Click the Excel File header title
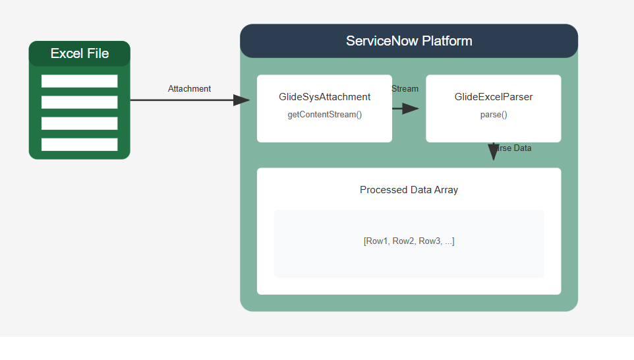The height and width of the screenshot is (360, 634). pos(80,53)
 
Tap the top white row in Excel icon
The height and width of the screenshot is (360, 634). pos(79,81)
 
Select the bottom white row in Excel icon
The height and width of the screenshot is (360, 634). pos(79,144)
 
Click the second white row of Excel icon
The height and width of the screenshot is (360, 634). pos(79,102)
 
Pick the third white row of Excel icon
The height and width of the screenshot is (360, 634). pos(79,123)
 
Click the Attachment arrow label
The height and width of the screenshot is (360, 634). pos(189,89)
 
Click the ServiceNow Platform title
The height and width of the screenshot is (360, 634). pos(409,41)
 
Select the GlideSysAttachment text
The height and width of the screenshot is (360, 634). pos(324,97)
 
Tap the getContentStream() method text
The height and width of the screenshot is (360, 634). pos(324,115)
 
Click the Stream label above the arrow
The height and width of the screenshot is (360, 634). pos(405,89)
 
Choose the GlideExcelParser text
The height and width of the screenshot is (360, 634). pos(493,97)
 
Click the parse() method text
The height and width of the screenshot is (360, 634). pos(493,115)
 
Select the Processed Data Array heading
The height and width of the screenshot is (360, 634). pos(409,190)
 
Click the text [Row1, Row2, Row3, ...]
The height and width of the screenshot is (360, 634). pos(409,241)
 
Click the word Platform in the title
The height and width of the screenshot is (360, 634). pos(448,41)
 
